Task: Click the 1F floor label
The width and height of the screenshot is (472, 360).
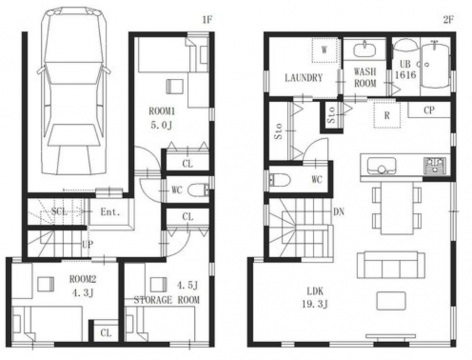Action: (207, 20)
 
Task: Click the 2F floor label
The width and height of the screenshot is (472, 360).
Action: (448, 20)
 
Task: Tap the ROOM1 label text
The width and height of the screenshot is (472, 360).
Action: (162, 111)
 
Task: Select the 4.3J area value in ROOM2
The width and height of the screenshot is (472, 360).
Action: (83, 292)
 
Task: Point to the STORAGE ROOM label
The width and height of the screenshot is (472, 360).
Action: (166, 300)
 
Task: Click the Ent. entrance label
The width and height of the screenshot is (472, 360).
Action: (110, 212)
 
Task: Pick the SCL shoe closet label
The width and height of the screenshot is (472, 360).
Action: (59, 211)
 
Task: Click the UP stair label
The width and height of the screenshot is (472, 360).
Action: (87, 244)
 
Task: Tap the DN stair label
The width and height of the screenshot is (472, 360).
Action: (339, 212)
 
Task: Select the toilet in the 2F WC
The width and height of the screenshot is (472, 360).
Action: (280, 180)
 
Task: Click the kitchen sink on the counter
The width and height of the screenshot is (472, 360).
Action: (381, 166)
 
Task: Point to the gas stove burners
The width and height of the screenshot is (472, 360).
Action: (435, 166)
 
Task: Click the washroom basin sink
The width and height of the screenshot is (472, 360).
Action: (365, 49)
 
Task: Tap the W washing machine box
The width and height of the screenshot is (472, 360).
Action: (324, 50)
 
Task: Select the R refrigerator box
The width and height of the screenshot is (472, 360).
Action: (387, 115)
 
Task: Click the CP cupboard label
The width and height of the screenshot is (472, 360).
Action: (429, 110)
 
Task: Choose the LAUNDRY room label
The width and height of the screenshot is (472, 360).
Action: (304, 78)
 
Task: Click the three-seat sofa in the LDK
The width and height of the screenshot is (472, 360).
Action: (391, 265)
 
